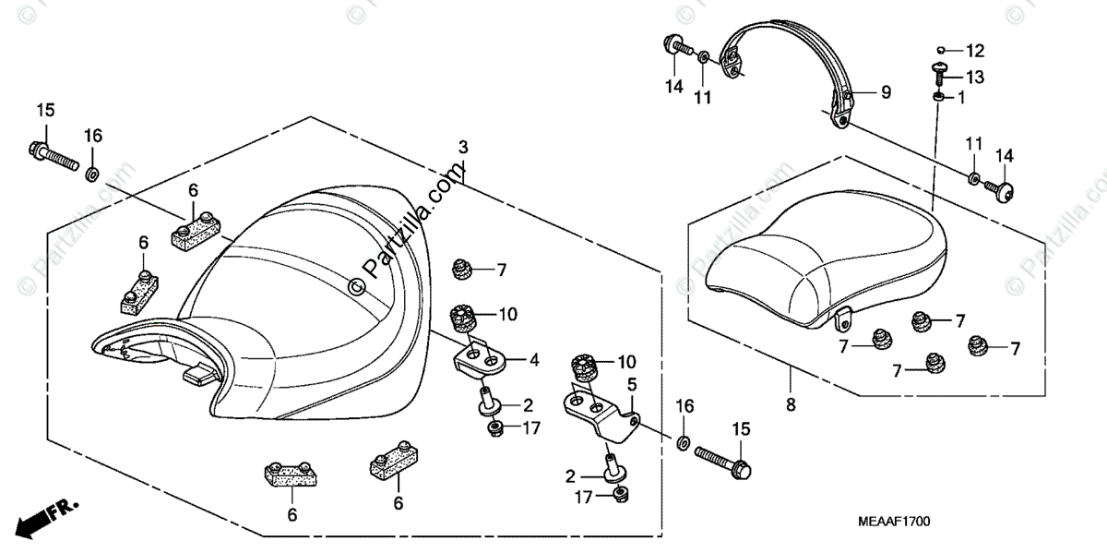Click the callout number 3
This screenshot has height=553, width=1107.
463,148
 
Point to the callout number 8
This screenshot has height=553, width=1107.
791,403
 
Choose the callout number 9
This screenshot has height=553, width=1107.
886,91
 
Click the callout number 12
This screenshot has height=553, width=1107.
975,50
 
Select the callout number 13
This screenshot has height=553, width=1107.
975,78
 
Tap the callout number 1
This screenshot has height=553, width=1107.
960,98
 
